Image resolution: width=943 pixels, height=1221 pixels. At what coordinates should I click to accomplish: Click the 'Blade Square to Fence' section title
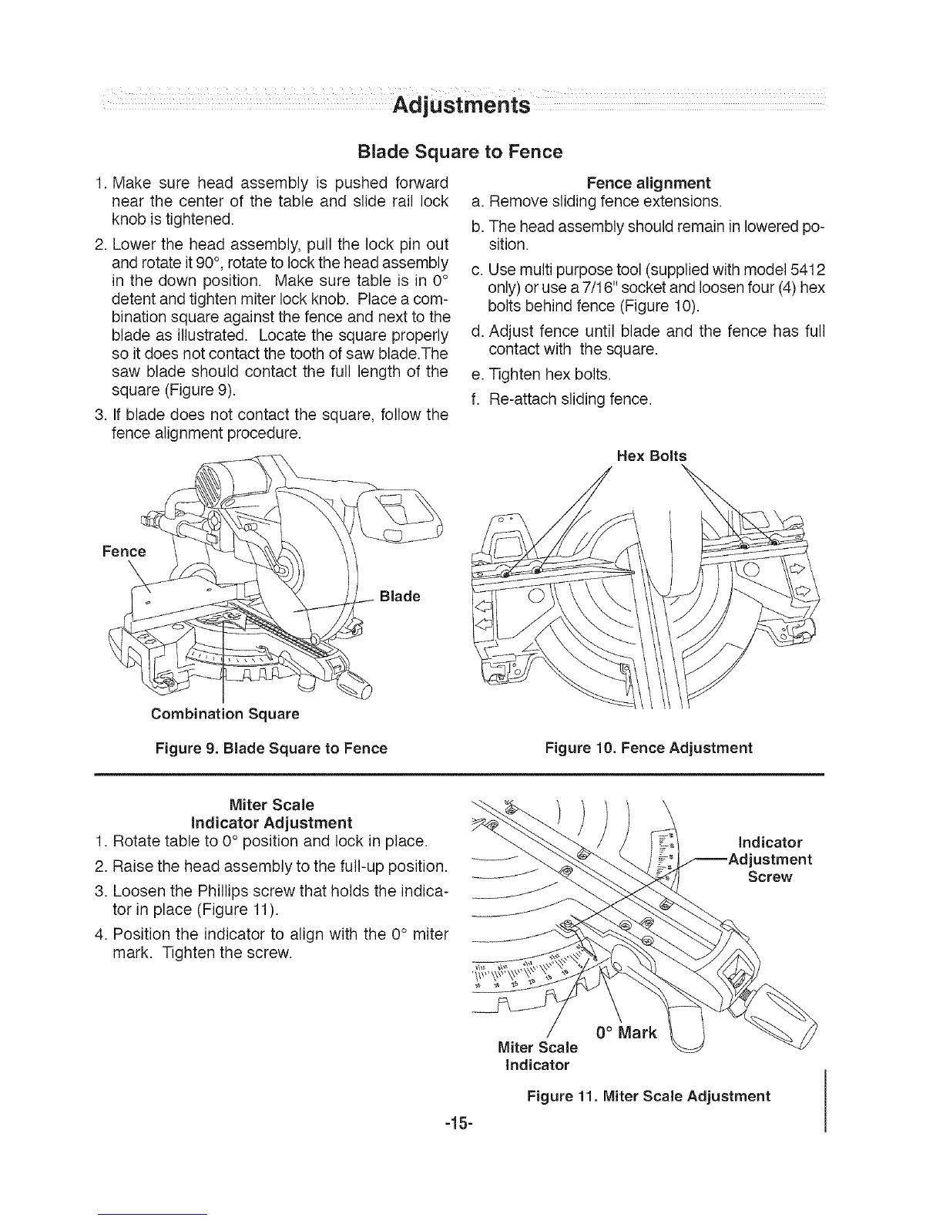[461, 151]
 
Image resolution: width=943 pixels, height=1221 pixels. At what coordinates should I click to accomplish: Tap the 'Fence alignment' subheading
[648, 183]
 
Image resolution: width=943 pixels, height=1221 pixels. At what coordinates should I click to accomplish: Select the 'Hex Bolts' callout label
[651, 456]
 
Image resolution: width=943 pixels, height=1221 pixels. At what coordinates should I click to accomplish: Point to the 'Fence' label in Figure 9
[124, 551]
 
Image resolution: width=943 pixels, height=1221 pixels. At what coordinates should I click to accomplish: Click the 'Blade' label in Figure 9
[400, 596]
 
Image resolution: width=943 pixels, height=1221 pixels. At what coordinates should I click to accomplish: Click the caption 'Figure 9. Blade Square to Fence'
[271, 748]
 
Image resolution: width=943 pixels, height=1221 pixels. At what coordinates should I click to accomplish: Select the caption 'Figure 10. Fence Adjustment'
[648, 748]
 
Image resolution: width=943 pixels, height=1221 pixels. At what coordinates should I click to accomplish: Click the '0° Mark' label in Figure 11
[626, 1032]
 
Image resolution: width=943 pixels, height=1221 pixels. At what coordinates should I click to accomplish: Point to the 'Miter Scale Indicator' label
[536, 1056]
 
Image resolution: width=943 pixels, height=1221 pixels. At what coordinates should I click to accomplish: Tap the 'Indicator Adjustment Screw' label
[770, 859]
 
